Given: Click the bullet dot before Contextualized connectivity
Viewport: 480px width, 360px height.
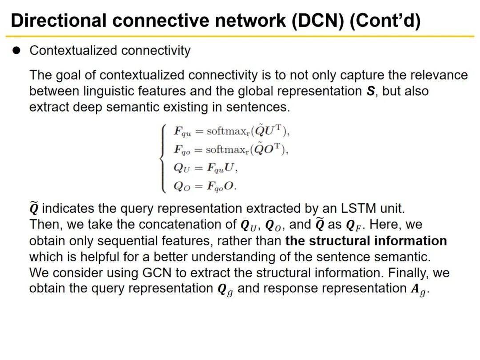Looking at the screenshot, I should [17, 51].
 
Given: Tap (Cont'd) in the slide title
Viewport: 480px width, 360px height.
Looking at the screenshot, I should [385, 20].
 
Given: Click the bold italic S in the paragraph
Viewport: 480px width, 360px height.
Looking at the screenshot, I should [370, 92].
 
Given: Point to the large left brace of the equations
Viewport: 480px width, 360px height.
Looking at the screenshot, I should [163, 159].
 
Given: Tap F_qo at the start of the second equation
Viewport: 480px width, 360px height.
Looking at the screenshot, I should [182, 150].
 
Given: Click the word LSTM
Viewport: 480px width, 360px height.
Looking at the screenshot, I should [341, 208].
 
